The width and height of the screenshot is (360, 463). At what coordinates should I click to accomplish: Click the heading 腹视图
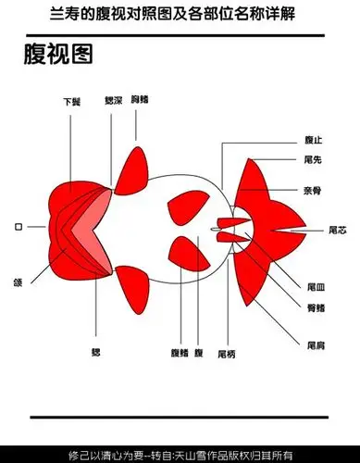click(x=57, y=56)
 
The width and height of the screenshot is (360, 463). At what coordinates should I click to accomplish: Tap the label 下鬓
click(x=70, y=102)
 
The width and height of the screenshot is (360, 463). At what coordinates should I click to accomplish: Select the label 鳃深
click(x=114, y=97)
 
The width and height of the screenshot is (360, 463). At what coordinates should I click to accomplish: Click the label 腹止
click(x=313, y=141)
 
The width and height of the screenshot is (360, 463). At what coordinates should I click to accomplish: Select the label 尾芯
click(x=339, y=228)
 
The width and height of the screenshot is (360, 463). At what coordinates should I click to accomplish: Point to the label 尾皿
click(x=315, y=288)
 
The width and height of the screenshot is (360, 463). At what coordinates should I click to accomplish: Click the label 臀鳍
click(x=315, y=307)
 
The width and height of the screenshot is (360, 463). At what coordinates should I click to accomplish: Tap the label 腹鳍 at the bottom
click(x=180, y=354)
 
